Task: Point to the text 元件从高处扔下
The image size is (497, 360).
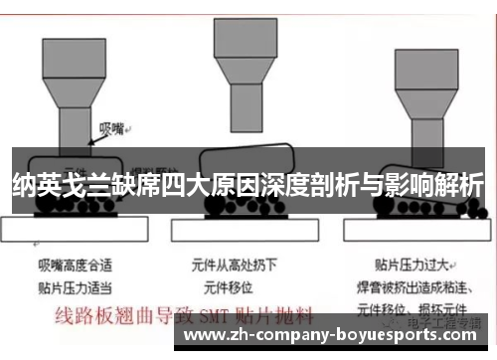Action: tap(236, 266)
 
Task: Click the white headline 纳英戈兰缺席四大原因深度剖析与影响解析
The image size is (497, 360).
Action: tap(248, 185)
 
